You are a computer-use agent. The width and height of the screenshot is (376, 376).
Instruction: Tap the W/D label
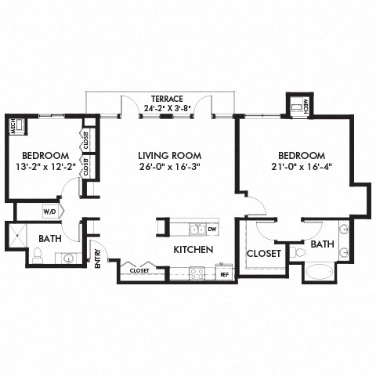(49, 211)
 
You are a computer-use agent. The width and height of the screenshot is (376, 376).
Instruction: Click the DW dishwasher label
(212, 230)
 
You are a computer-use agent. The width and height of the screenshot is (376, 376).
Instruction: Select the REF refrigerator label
(224, 274)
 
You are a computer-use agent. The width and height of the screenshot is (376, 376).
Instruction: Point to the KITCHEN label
(193, 249)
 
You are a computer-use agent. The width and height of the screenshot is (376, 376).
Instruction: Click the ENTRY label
(98, 258)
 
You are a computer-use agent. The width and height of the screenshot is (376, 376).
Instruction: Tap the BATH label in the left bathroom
(50, 238)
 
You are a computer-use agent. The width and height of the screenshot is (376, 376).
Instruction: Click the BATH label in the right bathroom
(322, 245)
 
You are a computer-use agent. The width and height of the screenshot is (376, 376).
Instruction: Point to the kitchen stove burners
(197, 273)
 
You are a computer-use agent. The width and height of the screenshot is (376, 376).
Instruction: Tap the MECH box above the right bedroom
(297, 104)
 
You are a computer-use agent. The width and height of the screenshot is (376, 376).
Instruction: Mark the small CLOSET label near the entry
(139, 270)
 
